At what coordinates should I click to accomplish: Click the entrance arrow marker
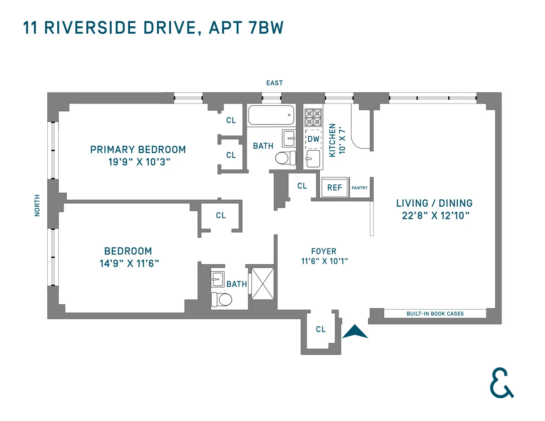point(355,332)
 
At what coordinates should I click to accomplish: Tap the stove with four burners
point(312,118)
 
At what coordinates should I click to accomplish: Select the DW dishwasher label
point(313,139)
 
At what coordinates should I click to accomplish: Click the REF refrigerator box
point(335,188)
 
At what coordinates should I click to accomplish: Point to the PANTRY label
point(360,188)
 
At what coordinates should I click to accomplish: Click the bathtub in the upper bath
point(271,115)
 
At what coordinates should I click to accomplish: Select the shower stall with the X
point(263,284)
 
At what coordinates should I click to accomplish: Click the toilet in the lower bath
point(222,299)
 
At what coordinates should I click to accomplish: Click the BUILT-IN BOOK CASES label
point(435,314)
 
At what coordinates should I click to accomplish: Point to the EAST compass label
point(274,83)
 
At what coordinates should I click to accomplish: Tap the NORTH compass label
point(37,205)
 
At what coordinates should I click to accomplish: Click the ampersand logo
point(501,385)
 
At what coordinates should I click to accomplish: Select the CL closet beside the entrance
point(321,329)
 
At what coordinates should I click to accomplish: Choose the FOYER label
point(324,251)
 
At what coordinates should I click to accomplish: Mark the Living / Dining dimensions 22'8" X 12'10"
point(434,216)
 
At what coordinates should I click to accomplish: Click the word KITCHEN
point(332,140)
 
